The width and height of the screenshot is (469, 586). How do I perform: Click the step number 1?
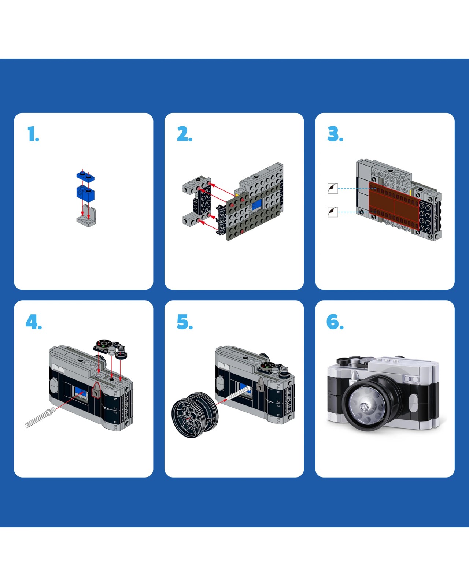tap(33, 134)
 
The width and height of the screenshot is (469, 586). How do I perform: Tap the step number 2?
tap(185, 134)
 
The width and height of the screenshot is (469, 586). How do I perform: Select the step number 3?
tap(335, 134)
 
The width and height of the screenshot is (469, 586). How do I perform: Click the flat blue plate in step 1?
tap(85, 175)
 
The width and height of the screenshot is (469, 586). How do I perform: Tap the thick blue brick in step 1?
tap(85, 193)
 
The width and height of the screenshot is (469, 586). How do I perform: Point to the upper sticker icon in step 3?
tap(333, 188)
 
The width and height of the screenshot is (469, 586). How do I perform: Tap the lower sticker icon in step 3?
tap(333, 212)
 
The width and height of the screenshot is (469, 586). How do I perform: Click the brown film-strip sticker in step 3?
tap(394, 206)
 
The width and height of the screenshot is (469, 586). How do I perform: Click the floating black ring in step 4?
tap(121, 355)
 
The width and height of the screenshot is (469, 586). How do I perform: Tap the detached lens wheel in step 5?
tap(195, 415)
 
